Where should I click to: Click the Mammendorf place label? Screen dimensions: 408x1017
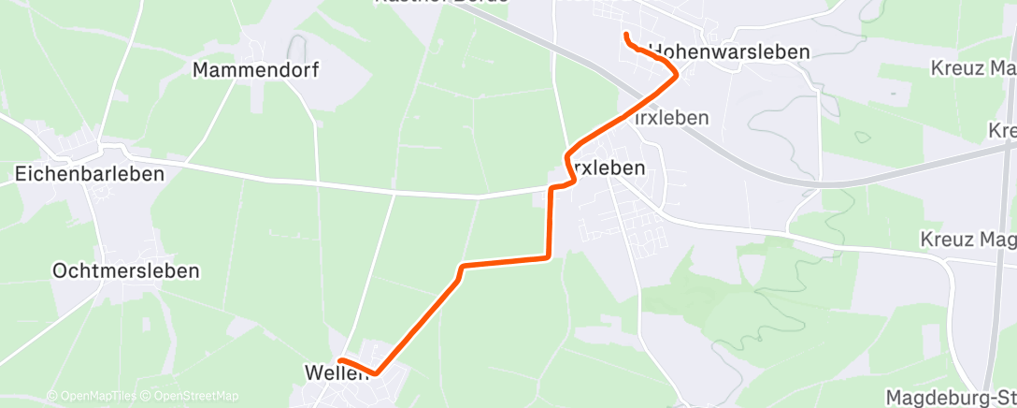tap(255, 70)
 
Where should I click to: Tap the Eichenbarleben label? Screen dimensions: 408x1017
tap(91, 173)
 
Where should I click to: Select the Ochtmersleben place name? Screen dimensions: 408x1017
tap(126, 271)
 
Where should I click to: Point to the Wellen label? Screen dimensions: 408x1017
tap(334, 372)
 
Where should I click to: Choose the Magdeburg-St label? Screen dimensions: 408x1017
tap(949, 397)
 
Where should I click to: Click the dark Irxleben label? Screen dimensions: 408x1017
tap(605, 168)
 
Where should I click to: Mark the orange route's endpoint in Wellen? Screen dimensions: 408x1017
tap(340, 360)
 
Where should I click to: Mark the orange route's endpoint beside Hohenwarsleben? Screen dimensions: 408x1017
tap(624, 36)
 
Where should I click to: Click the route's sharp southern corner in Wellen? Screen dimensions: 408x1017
tap(375, 372)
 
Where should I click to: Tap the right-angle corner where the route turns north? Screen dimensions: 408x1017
tap(547, 256)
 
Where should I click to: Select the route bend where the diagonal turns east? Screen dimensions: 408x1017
tap(462, 268)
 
